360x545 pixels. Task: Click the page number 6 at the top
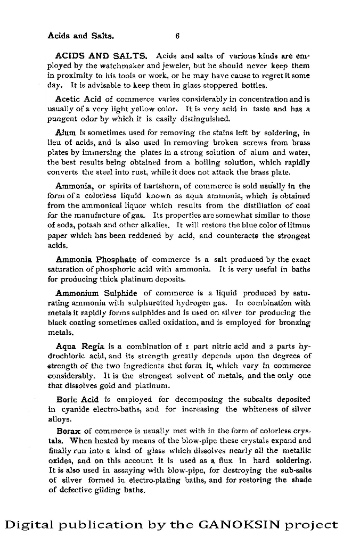[x=177, y=36]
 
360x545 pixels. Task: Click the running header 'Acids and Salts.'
[x=80, y=36]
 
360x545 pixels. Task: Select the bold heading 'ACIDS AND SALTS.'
[x=101, y=56]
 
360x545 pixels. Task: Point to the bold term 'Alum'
[x=66, y=132]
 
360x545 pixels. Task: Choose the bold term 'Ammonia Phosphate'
[x=96, y=260]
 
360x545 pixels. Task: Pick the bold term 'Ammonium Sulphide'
[x=96, y=293]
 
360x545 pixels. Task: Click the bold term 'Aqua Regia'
[x=79, y=346]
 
